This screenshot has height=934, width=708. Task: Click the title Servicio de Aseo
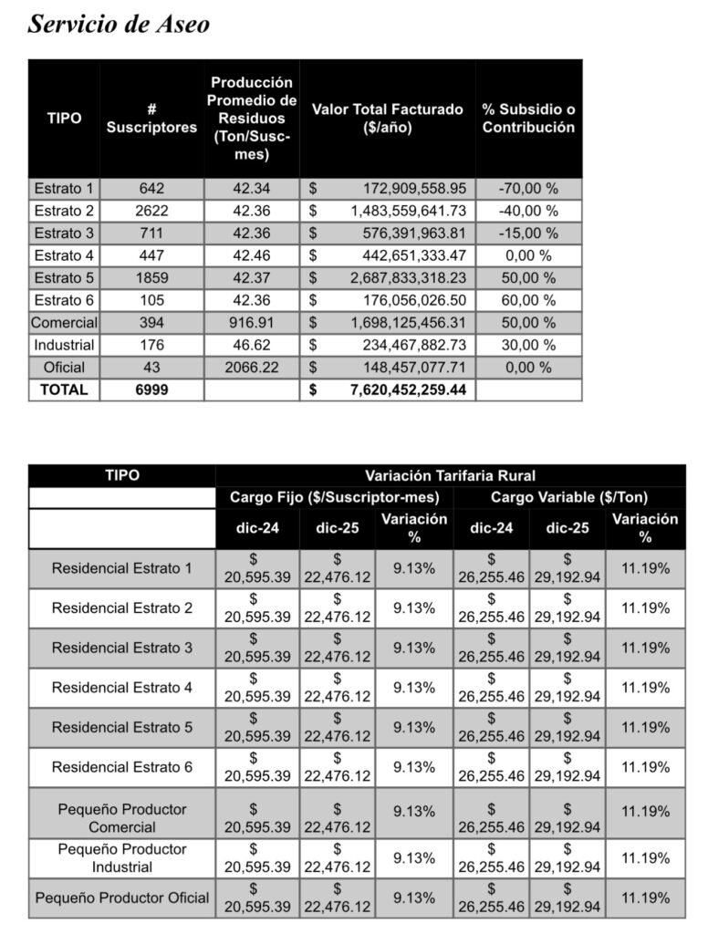119,24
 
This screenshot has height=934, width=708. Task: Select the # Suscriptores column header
151,119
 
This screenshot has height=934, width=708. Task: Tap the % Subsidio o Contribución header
528,119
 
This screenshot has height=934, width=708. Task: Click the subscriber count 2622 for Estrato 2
151,211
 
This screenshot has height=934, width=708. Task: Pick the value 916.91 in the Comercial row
252,323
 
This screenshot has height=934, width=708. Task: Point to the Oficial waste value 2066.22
252,368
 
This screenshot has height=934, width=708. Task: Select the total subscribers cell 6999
151,390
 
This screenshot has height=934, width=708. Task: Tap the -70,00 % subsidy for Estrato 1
528,189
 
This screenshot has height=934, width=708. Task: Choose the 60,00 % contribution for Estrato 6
528,300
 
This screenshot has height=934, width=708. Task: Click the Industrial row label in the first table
64,345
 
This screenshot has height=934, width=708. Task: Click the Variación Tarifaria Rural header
450,475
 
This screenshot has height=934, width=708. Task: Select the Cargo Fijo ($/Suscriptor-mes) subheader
334,498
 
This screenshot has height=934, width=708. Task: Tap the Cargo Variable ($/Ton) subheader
568,498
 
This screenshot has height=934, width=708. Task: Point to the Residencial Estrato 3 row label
122,648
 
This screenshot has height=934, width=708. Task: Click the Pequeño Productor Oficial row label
122,898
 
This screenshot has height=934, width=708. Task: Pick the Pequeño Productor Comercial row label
122,818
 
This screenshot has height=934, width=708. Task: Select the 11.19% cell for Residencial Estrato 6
645,767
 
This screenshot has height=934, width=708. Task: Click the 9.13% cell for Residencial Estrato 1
413,568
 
